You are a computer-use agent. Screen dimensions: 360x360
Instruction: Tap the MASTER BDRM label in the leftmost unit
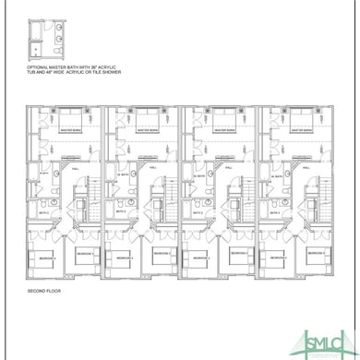pos(72,130)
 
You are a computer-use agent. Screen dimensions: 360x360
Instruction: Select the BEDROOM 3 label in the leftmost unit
pos(84,253)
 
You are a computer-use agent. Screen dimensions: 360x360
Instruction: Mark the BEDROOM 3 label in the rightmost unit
pos(318,253)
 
